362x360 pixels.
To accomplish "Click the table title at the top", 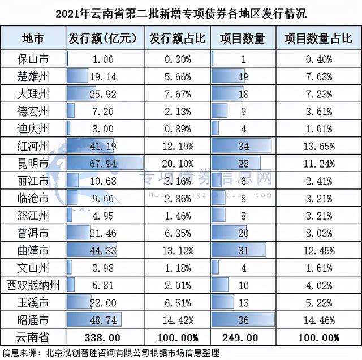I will pos(181,12).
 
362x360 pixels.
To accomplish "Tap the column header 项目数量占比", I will pos(317,38).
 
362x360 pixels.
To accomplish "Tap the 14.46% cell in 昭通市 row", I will pos(317,320).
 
